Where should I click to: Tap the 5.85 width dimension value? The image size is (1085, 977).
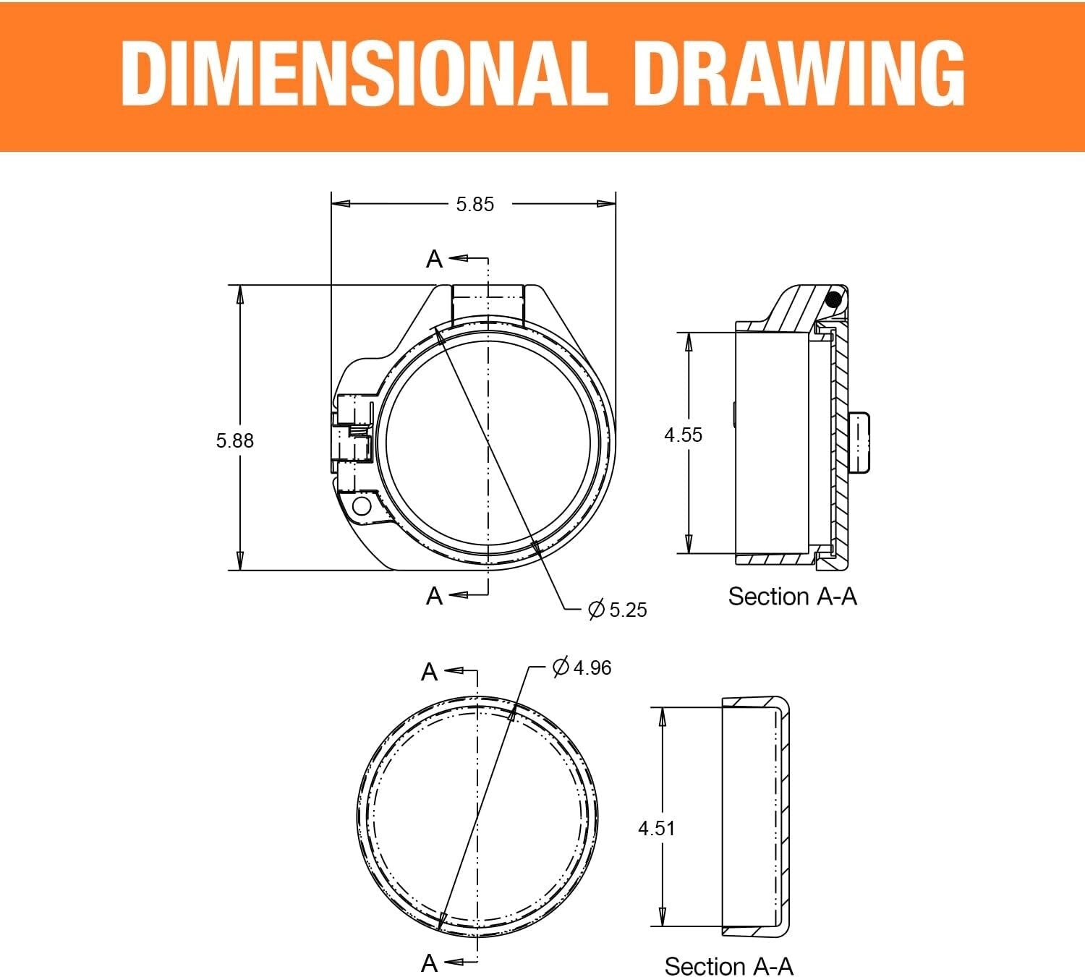pos(475,205)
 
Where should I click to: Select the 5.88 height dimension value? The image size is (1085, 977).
pos(235,441)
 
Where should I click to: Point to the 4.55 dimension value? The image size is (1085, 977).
pos(683,435)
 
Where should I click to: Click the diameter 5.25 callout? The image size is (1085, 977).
pos(618,610)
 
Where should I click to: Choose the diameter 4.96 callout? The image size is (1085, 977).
pos(582,667)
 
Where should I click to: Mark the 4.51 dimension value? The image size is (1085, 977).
pos(657,828)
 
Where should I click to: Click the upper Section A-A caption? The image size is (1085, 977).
pos(792,596)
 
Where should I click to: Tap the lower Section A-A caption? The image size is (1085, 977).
pos(728,966)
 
